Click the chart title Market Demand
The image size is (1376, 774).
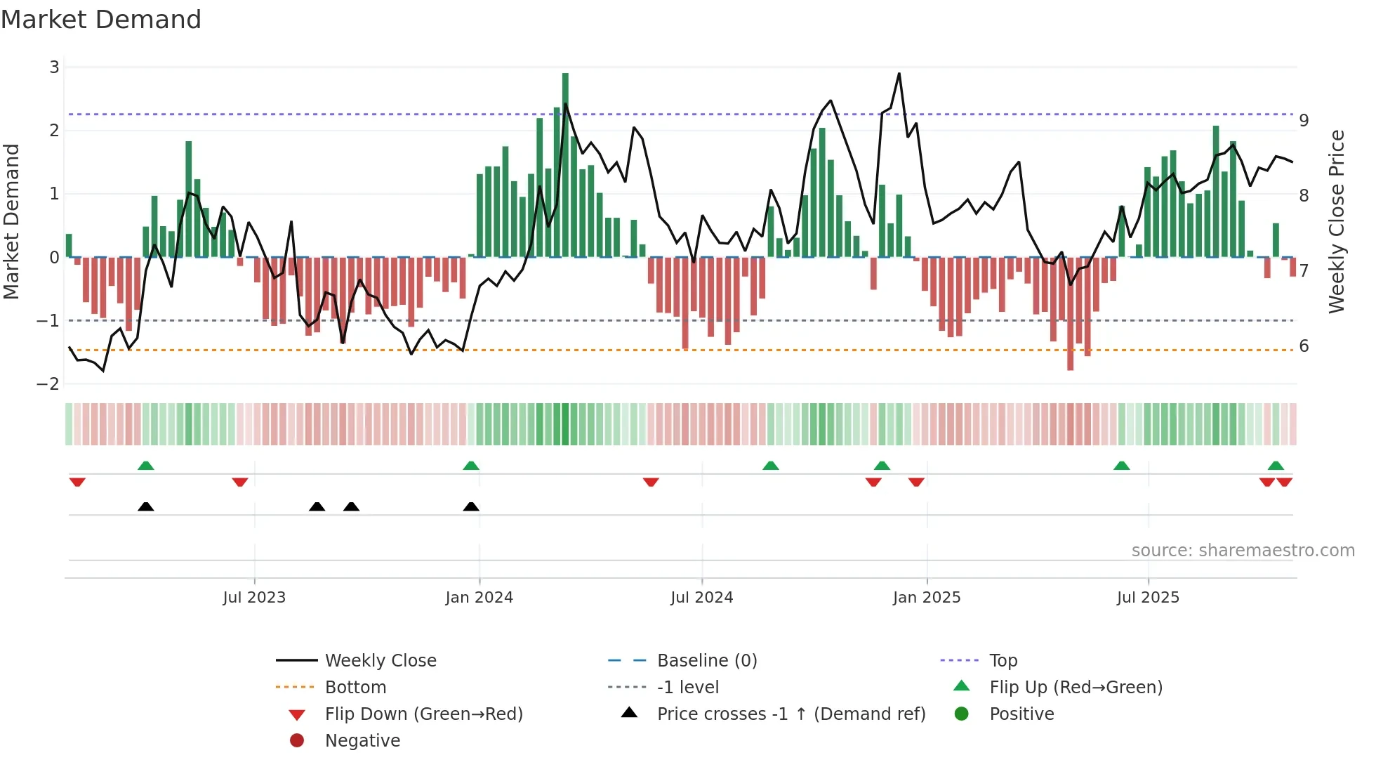point(101,20)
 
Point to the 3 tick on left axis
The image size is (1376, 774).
point(54,67)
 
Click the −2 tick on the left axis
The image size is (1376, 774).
point(48,384)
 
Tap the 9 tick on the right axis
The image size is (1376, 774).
point(1304,121)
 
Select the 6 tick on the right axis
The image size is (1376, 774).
point(1304,346)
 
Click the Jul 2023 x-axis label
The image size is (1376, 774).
point(254,598)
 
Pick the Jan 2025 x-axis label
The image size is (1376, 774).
point(927,598)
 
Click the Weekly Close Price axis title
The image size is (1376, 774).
point(1337,221)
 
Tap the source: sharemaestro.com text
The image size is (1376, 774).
point(1243,551)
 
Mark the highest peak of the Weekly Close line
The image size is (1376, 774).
point(899,74)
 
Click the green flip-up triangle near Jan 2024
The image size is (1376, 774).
point(471,466)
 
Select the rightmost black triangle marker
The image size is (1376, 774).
point(471,507)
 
